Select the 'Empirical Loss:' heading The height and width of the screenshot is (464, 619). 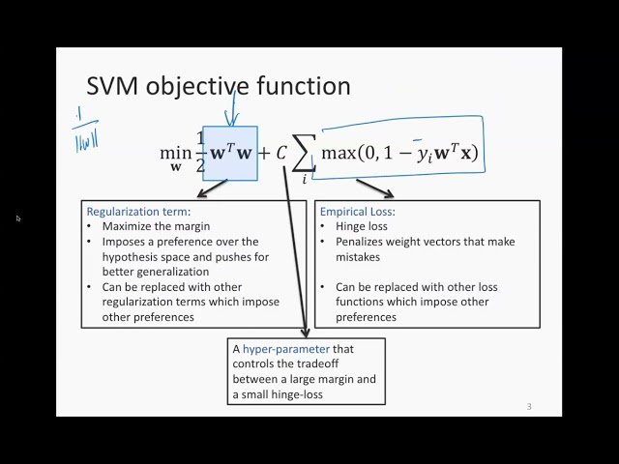pyautogui.click(x=357, y=211)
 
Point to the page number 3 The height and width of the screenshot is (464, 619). pyautogui.click(x=529, y=406)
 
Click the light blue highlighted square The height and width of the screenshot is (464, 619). pyautogui.click(x=230, y=153)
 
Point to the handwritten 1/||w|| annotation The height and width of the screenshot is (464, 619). pyautogui.click(x=84, y=130)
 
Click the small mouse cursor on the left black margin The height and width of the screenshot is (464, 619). pyautogui.click(x=18, y=218)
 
